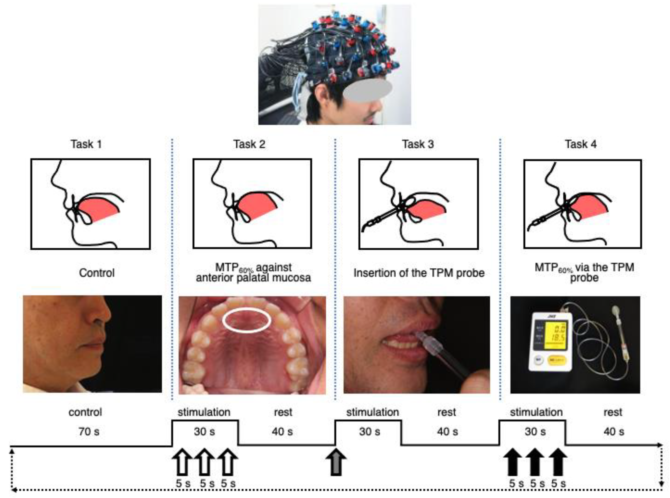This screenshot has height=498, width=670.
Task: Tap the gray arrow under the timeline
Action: pyautogui.click(x=336, y=462)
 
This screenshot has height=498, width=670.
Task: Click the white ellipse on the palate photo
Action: pyautogui.click(x=246, y=320)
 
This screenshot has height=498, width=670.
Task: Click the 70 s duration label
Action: pyautogui.click(x=89, y=432)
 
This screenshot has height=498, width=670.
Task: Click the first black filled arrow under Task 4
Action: pyautogui.click(x=512, y=462)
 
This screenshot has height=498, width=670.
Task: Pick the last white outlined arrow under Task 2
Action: pyautogui.click(x=228, y=462)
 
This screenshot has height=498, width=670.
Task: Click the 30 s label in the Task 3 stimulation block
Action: pyautogui.click(x=369, y=432)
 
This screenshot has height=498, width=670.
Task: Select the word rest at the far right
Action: pyautogui.click(x=613, y=412)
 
